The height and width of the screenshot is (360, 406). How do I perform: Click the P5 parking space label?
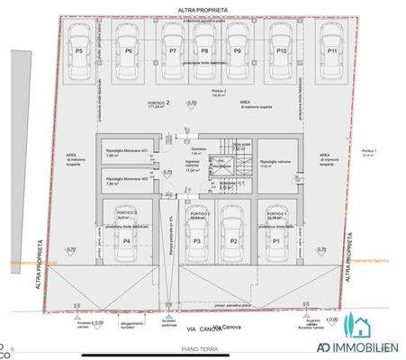(x=79, y=51)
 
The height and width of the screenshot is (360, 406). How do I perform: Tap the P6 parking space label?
(x=129, y=51)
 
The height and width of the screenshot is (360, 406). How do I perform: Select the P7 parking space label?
(x=173, y=51)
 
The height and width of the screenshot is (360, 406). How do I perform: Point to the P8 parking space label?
(x=204, y=51)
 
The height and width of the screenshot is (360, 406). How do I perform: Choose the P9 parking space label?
(x=237, y=51)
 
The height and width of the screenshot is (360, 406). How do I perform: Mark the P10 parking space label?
(x=281, y=51)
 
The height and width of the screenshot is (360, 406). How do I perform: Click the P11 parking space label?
(x=332, y=51)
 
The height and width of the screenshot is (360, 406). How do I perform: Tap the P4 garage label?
(x=127, y=242)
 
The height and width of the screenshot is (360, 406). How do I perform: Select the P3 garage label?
(x=196, y=242)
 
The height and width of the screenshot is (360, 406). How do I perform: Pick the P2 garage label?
(x=231, y=242)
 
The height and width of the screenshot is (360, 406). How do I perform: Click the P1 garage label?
(x=277, y=242)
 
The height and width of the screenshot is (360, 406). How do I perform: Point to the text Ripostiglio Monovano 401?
(x=126, y=150)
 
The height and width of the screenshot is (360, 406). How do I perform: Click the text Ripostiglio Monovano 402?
(x=126, y=178)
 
